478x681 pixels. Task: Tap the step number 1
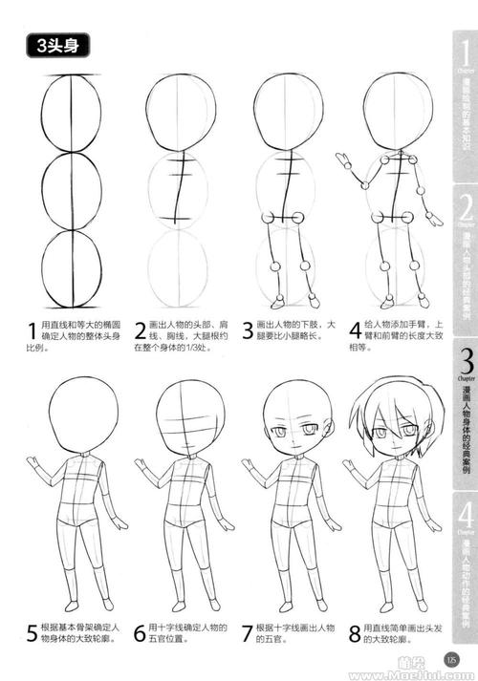pos(33,332)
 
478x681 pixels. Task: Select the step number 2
pos(140,332)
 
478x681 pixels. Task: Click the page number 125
pos(454,656)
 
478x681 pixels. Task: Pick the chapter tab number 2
pos(467,206)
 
